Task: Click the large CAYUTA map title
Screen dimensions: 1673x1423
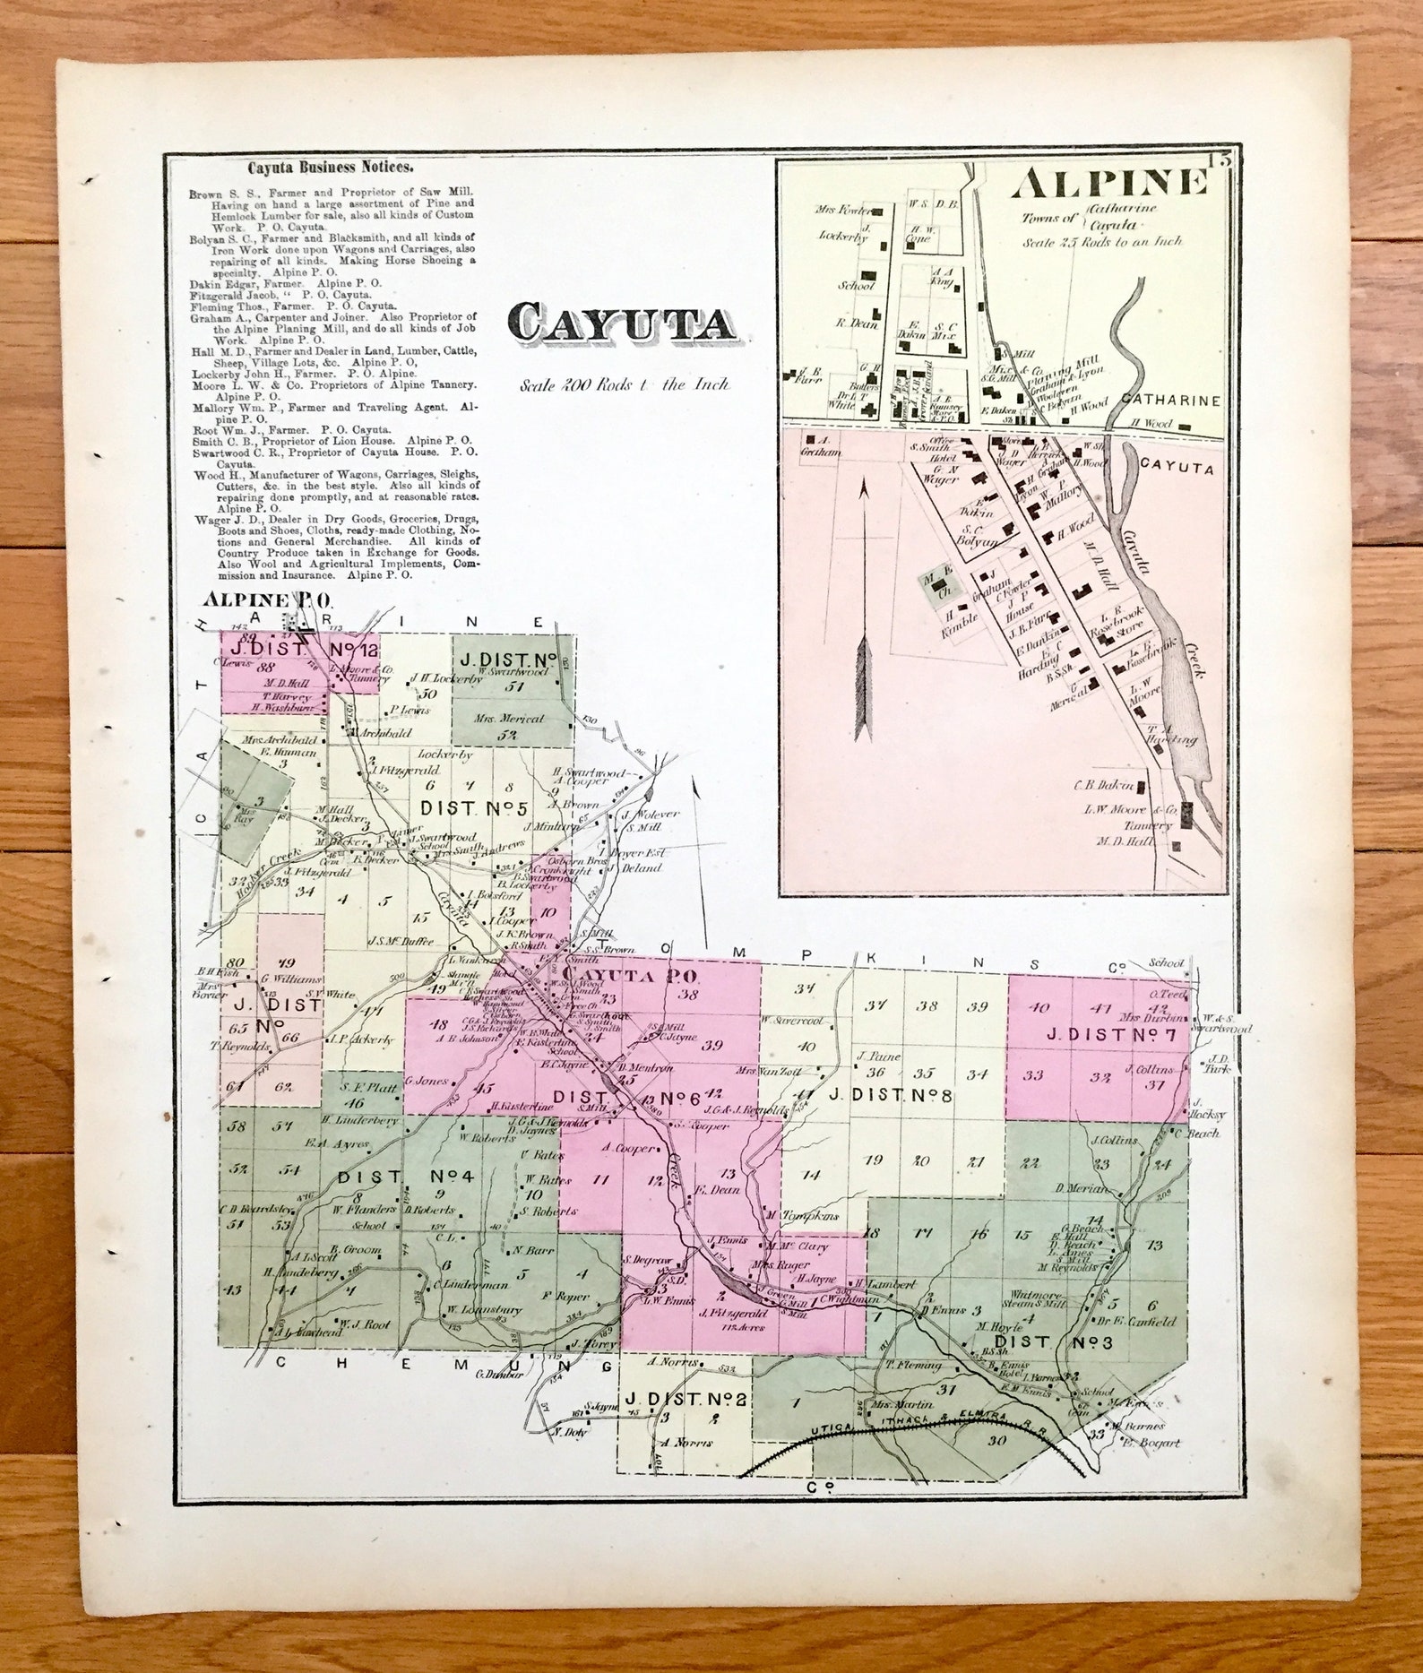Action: tap(622, 325)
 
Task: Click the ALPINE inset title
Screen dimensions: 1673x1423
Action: tap(1108, 184)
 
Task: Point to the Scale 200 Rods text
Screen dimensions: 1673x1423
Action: tap(625, 385)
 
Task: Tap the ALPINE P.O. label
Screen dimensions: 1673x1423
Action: tap(268, 599)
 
